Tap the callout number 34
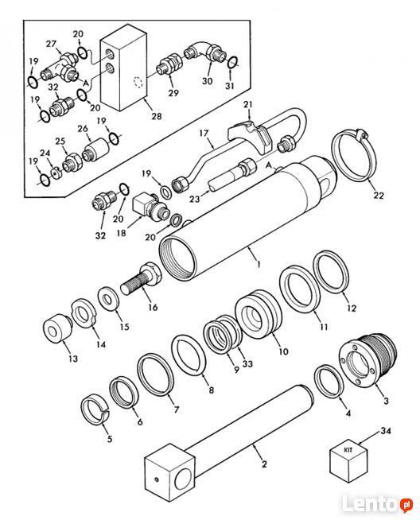(386, 431)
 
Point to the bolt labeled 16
(142, 278)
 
